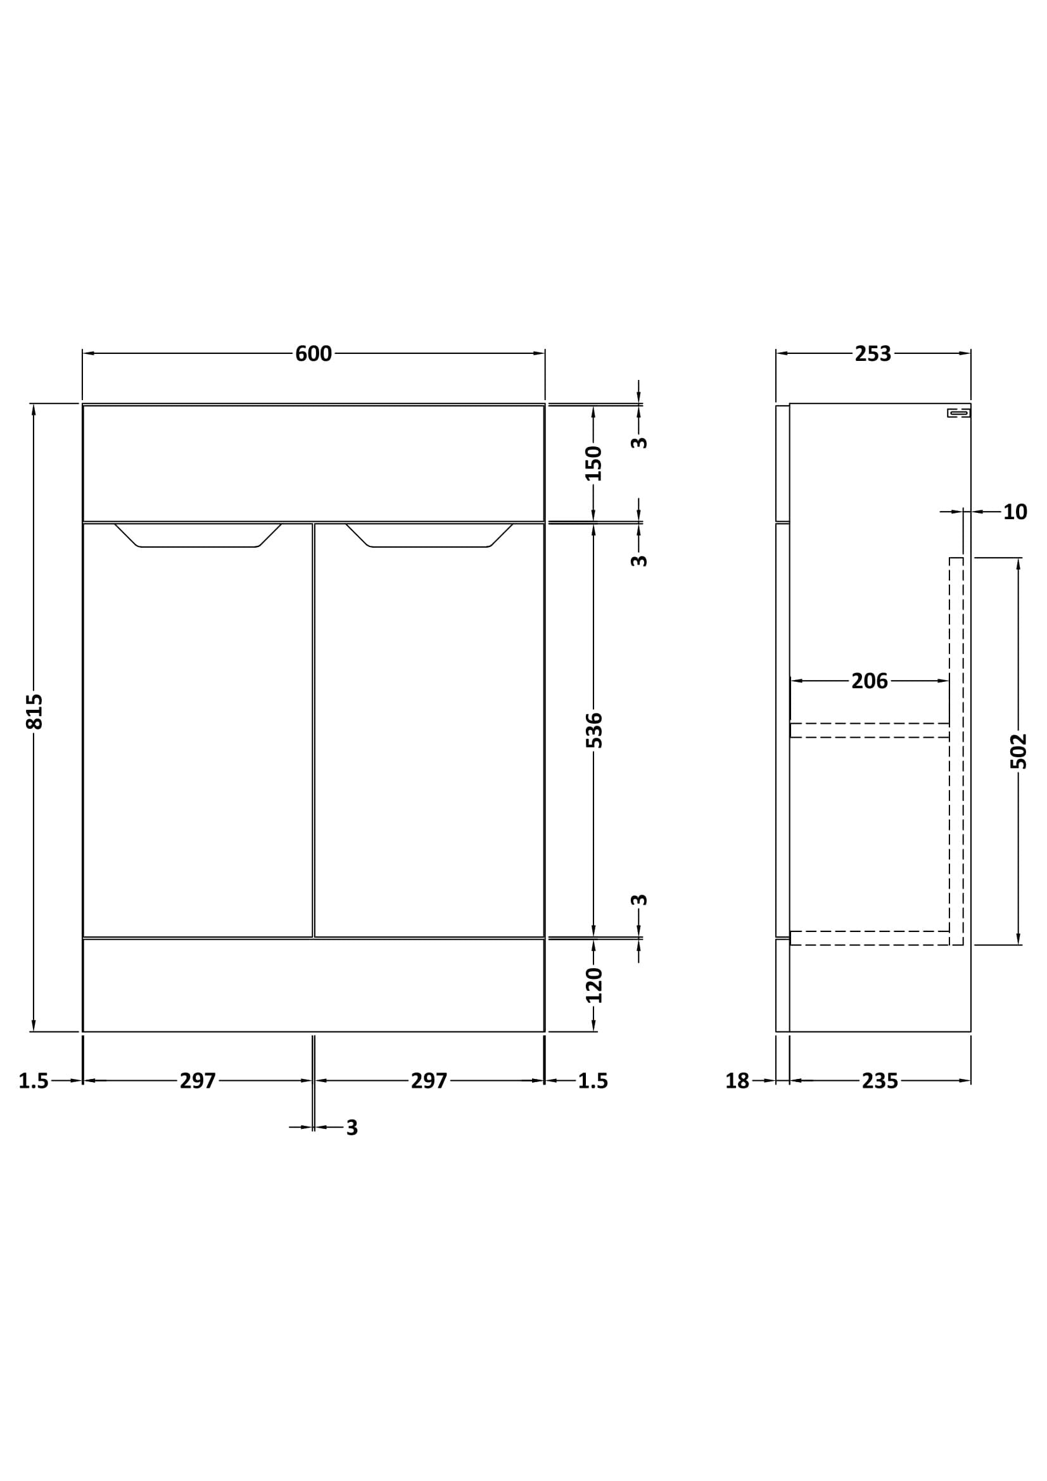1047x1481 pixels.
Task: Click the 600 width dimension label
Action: pyautogui.click(x=314, y=354)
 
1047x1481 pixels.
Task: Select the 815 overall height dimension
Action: pyautogui.click(x=34, y=712)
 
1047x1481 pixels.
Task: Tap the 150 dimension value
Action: pyautogui.click(x=593, y=463)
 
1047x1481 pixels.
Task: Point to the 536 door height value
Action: pyautogui.click(x=593, y=730)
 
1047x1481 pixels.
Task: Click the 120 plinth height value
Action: pyautogui.click(x=593, y=985)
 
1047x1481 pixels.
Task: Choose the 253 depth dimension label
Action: pyautogui.click(x=873, y=354)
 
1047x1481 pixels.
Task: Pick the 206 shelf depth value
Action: pyautogui.click(x=870, y=681)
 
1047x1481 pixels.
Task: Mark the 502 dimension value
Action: pyautogui.click(x=1018, y=752)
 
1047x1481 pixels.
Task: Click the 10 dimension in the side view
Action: pyautogui.click(x=1015, y=512)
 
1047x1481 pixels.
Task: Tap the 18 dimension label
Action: pyautogui.click(x=737, y=1081)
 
